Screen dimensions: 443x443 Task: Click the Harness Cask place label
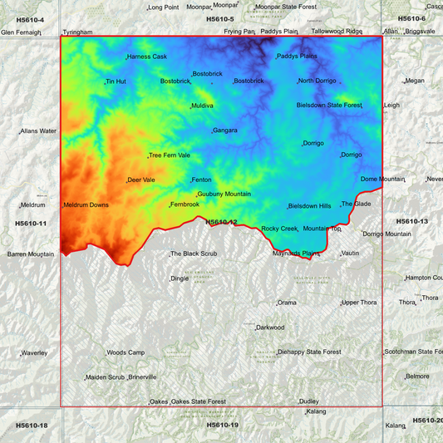tap(147, 57)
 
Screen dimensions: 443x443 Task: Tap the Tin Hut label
tap(116, 81)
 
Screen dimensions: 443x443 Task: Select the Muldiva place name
tap(202, 106)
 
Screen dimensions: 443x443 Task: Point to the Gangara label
tap(224, 130)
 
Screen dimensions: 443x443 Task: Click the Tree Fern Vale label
tap(170, 155)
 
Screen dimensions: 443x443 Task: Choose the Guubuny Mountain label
tap(224, 194)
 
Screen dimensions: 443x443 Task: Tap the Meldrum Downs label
tap(86, 204)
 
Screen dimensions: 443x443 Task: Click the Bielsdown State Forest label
tap(329, 106)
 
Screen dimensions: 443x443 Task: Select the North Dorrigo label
tap(317, 81)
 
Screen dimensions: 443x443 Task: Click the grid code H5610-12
tap(221, 222)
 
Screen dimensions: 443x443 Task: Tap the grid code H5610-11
tap(30, 224)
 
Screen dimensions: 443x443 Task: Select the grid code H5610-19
tap(222, 425)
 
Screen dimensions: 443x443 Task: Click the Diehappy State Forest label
tap(310, 352)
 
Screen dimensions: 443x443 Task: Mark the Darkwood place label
tap(270, 327)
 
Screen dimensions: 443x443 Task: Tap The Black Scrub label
tap(194, 253)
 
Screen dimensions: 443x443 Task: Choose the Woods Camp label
tap(126, 352)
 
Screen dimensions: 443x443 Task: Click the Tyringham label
tap(77, 32)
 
